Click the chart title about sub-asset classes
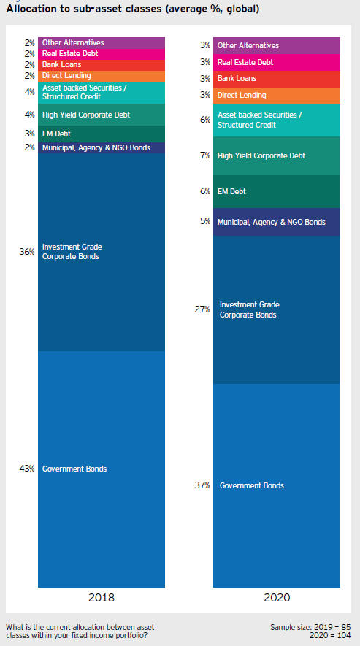coord(133,9)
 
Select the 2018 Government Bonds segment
coord(102,469)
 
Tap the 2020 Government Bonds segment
coord(277,485)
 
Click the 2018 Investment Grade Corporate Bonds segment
coord(102,252)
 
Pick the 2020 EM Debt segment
coord(277,191)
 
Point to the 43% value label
coord(27,469)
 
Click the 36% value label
coord(27,252)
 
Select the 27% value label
coord(202,309)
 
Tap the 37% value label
coord(202,485)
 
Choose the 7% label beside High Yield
coord(205,155)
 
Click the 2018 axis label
coord(102,597)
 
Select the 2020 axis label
coord(277,597)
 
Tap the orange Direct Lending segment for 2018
coord(102,76)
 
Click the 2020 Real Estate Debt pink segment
coord(277,63)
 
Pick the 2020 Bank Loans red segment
coord(277,79)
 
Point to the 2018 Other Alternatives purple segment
coord(102,43)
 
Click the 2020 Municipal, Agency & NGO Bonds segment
coord(277,222)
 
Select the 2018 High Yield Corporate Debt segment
coord(102,115)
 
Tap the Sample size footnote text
coord(310,631)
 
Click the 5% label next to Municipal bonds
coord(205,222)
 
